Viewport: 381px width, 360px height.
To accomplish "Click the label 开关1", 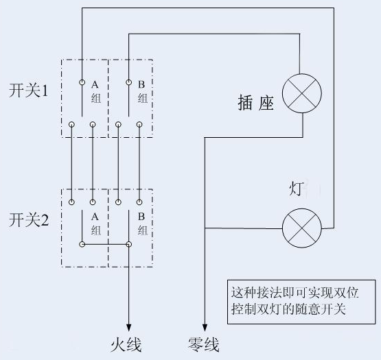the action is pos(29,91).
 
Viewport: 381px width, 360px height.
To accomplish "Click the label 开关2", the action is pos(29,219).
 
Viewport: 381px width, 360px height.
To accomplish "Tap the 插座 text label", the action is pos(256,102).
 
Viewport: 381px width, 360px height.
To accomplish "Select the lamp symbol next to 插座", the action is pos(302,93).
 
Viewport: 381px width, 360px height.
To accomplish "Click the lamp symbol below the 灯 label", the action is pos(302,228).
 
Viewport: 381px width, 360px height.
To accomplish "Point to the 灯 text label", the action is pos(296,189).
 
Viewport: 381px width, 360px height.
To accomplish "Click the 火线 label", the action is pos(126,345).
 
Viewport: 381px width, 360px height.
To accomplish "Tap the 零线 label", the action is pos(204,345).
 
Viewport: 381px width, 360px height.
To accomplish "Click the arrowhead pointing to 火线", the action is pos(129,328).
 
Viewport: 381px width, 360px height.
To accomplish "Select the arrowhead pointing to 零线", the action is pos(205,328).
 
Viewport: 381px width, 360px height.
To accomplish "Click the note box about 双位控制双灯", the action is pos(301,302).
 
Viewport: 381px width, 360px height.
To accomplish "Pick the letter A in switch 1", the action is pos(95,84).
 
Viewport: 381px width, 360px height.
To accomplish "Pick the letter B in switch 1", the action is pos(141,84).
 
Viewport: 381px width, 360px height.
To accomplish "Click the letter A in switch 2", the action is pos(95,217).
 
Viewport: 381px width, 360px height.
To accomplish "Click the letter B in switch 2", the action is pos(141,217).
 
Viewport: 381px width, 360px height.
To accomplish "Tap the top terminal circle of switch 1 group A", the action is pos(82,82).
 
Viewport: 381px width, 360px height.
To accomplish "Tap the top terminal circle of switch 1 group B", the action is pos(129,82).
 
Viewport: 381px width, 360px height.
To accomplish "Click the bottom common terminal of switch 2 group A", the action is pos(82,244).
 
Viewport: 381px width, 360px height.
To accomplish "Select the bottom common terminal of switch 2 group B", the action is pos(129,244).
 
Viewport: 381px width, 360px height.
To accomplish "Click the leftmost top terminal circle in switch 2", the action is pos(71,202).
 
